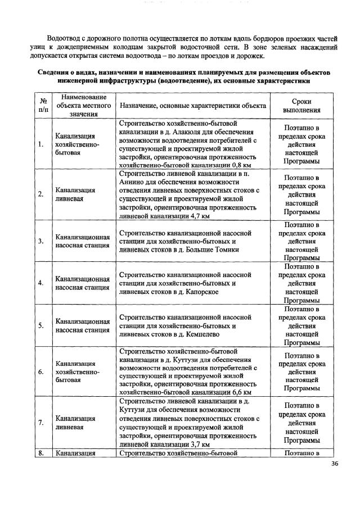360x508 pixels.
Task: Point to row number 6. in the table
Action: (41, 372)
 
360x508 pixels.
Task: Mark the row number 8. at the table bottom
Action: (41, 452)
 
